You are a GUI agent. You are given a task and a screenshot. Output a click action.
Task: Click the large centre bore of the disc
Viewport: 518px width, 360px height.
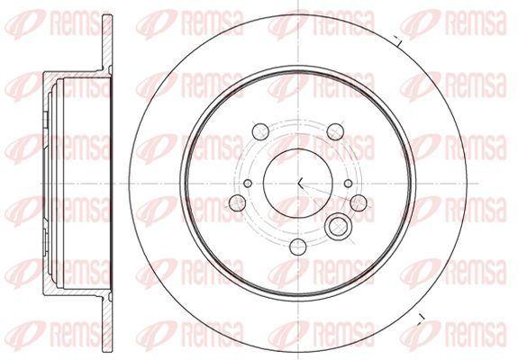pos(297,183)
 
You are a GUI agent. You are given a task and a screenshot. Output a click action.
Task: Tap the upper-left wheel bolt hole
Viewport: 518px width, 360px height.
pos(260,131)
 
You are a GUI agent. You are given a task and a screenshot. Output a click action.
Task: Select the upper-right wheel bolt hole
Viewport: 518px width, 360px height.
pos(335,131)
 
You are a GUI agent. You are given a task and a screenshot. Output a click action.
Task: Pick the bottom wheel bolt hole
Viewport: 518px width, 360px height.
pos(297,247)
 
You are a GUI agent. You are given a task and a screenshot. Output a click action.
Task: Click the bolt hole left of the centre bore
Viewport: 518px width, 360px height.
pos(237,202)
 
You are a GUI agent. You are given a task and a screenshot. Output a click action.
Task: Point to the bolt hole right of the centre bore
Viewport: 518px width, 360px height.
pos(359,202)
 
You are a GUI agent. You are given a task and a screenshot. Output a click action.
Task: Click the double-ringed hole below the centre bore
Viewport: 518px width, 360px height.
pos(338,227)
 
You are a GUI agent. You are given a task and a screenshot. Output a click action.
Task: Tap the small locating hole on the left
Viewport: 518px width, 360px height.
pos(248,183)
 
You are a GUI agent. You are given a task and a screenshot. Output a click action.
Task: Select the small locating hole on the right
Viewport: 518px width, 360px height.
pos(349,183)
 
